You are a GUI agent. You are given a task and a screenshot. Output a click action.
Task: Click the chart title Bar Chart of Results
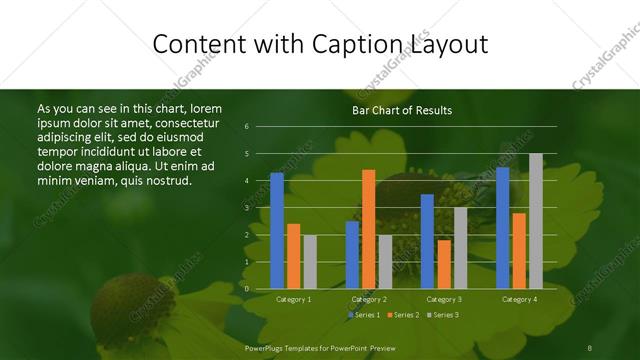(x=402, y=110)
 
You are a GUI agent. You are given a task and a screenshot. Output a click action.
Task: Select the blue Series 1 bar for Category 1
(x=277, y=230)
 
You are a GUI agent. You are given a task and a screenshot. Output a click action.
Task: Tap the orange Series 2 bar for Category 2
(x=369, y=229)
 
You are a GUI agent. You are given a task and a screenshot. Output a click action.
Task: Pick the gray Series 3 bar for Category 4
(x=536, y=221)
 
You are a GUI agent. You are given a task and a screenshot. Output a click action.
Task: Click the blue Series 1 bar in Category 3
(x=427, y=241)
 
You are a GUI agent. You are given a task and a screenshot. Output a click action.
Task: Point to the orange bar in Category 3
(x=444, y=264)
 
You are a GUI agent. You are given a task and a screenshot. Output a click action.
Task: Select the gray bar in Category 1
(x=310, y=261)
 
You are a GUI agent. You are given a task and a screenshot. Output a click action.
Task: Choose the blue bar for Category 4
(x=502, y=228)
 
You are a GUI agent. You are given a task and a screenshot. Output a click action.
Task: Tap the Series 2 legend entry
(x=402, y=315)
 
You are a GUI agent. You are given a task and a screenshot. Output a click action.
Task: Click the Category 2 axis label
(x=369, y=299)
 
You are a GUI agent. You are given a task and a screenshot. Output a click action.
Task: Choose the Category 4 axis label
(x=519, y=299)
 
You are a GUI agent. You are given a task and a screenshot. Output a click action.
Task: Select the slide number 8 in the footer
(x=590, y=346)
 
